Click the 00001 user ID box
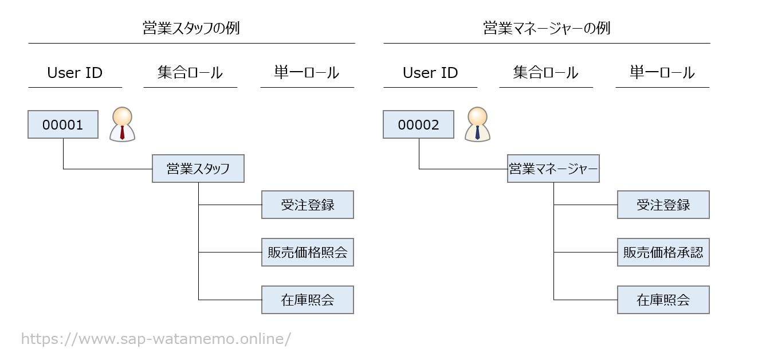tap(63, 125)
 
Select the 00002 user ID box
tap(418, 125)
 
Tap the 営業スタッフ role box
tap(198, 169)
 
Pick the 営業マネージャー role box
tap(553, 169)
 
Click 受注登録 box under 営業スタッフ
tap(308, 205)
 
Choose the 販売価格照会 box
tap(308, 252)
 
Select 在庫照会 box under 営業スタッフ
tap(308, 300)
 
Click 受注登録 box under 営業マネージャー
tap(663, 205)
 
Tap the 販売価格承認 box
tap(663, 252)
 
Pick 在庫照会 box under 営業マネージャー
tap(663, 300)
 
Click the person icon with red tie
tap(122, 124)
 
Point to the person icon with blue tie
tap(477, 124)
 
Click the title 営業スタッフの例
tap(191, 28)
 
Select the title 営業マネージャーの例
tap(547, 28)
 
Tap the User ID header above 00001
tap(75, 73)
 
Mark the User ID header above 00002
tap(430, 73)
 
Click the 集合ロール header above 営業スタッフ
tap(190, 73)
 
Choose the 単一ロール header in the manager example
tap(662, 73)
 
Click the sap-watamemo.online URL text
tap(156, 339)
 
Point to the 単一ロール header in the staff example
tap(307, 73)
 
